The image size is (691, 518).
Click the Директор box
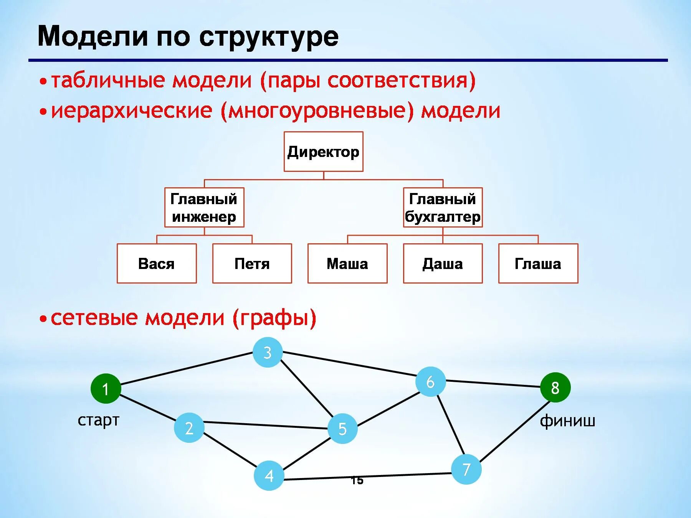point(323,152)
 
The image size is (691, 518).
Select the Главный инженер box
point(204,208)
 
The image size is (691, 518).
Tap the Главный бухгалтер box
point(443,208)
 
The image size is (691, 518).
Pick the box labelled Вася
point(157,264)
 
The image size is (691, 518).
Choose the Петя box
point(252,264)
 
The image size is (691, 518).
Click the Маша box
point(347,264)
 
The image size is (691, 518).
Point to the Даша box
point(443,264)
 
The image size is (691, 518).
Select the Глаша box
point(538,264)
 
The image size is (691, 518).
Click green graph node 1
point(106,389)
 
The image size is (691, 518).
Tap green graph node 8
point(555,388)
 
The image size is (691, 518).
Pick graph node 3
point(268,352)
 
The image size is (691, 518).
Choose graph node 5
point(342,429)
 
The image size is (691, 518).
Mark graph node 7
point(466,469)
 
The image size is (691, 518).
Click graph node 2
point(189,428)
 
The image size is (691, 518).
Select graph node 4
point(269,476)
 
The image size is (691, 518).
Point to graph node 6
point(430,382)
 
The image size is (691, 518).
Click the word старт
point(98,421)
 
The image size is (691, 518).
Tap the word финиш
point(567,421)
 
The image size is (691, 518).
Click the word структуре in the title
point(269,37)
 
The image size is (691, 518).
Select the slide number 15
point(357,480)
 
